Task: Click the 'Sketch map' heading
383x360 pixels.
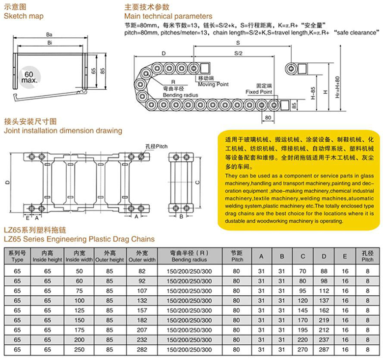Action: point(24,16)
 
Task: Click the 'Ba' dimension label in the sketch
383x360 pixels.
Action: point(49,35)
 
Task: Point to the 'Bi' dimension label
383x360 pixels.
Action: point(49,43)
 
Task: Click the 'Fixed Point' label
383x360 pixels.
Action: point(259,92)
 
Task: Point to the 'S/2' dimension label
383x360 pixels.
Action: point(238,52)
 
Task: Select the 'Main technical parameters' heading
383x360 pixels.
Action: point(168,16)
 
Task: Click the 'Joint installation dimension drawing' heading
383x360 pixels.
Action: point(63,131)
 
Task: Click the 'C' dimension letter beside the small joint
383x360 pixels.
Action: point(197,183)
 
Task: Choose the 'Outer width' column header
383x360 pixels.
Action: point(142,257)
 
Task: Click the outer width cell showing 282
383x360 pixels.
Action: point(142,350)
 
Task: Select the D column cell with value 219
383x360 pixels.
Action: point(324,320)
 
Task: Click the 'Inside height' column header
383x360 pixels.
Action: point(47,257)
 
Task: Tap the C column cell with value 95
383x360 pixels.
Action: point(302,290)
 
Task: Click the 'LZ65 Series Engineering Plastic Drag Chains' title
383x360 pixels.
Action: point(79,239)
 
